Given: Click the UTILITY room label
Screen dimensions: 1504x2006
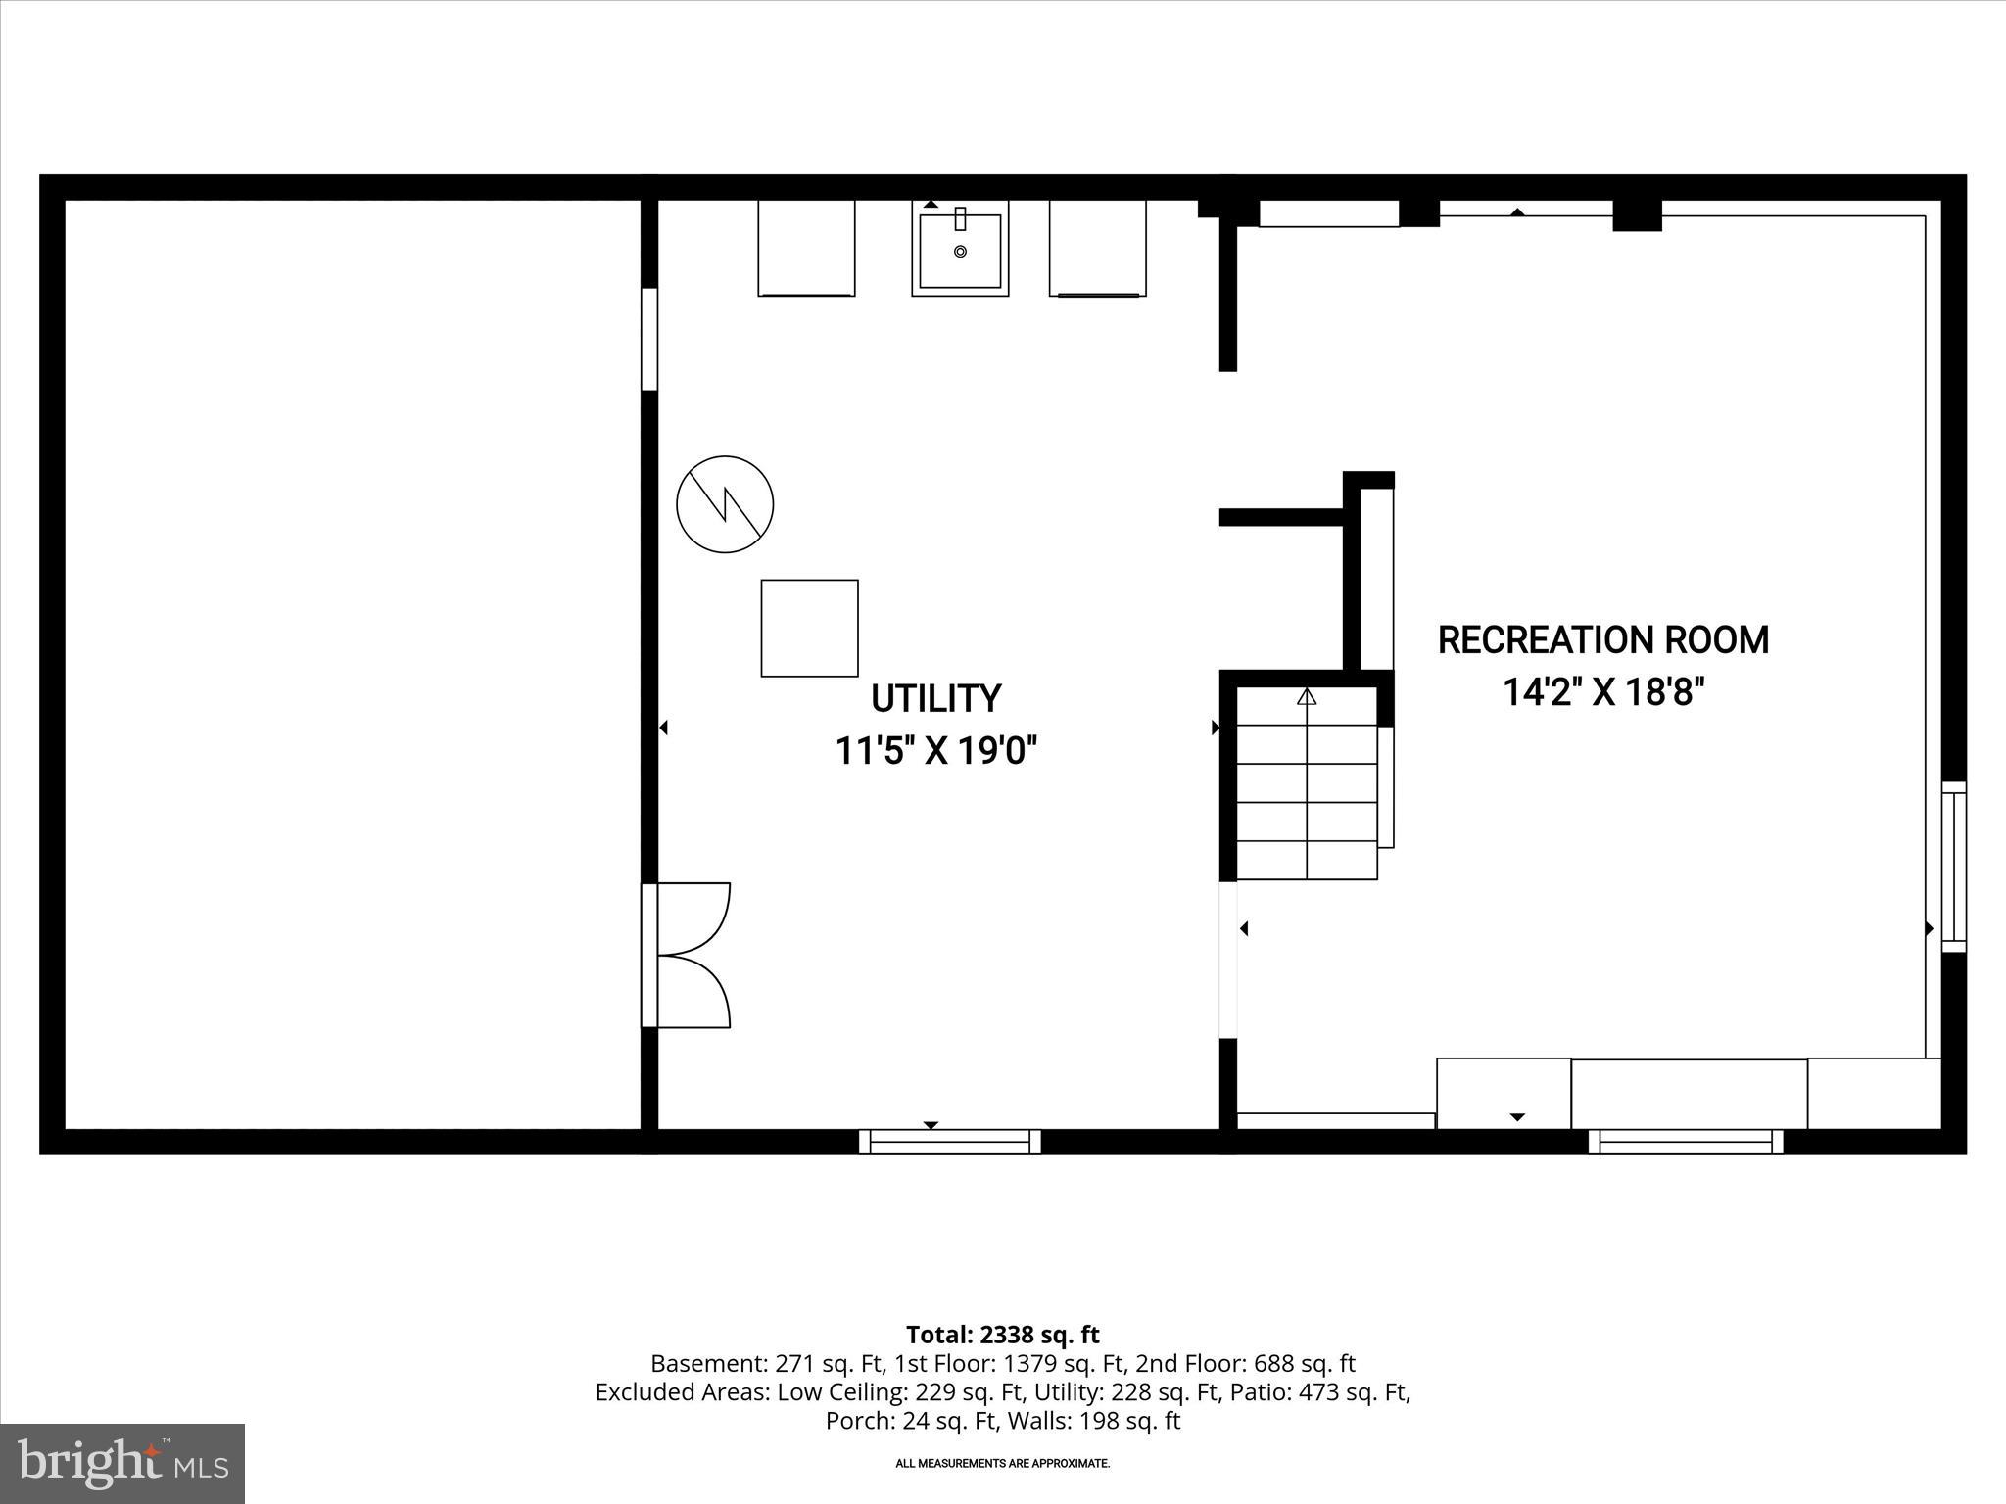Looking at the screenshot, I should [935, 698].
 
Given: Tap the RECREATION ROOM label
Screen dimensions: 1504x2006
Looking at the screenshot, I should [1602, 639].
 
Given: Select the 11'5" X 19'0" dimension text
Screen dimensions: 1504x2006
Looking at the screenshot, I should [935, 751].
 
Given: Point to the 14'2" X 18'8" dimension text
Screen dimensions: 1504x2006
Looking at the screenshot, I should [1603, 692].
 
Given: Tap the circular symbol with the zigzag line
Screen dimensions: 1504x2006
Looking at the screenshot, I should [725, 504].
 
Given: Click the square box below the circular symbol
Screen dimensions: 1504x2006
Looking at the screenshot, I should [809, 628].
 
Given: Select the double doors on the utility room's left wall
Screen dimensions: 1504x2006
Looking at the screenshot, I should [688, 955].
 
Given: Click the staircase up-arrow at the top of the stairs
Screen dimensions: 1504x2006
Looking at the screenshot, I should [1306, 697].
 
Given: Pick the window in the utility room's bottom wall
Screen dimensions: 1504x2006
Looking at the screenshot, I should [949, 1142].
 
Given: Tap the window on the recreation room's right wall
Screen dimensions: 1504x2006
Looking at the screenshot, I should [1953, 867].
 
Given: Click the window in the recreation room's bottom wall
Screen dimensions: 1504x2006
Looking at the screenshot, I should [1685, 1142].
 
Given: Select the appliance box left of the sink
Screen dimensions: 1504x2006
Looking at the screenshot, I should [806, 247].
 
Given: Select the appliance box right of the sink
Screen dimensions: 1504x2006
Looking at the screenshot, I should [1097, 247].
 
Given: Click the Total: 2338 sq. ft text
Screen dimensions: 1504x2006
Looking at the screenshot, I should [1002, 1335].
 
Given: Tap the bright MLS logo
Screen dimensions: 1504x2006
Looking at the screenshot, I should [122, 1463].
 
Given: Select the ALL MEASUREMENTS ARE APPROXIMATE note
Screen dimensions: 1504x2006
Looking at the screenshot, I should [1002, 1464].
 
